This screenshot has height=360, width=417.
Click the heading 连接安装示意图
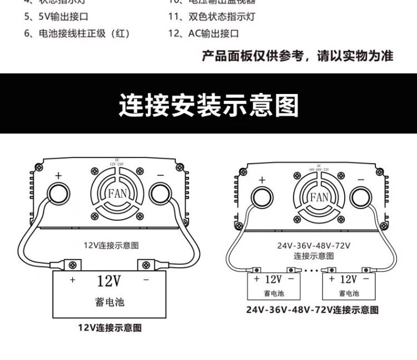tap(209, 105)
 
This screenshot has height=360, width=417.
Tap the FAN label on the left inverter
tap(117, 194)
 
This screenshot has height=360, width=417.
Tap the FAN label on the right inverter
tap(319, 197)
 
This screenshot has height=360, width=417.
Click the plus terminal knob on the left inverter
tap(58, 194)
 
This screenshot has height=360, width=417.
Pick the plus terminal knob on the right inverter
tap(262, 198)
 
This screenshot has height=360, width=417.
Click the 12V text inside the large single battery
tap(108, 280)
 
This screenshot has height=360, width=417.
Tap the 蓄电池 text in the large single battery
tap(109, 302)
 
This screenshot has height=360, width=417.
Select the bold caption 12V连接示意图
tap(110, 328)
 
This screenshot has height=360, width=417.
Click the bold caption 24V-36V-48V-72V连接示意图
tap(312, 310)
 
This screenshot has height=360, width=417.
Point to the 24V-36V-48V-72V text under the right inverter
tap(314, 245)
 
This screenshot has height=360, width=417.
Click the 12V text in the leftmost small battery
tap(273, 279)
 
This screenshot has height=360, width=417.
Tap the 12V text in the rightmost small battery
tap(348, 279)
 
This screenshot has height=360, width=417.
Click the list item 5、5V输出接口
tap(56, 16)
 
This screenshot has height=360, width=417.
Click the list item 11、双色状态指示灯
tap(211, 16)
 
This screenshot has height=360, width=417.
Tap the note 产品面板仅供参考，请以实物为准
tap(297, 56)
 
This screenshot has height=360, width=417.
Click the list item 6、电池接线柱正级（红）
tap(77, 33)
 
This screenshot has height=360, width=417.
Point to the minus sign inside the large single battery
tap(146, 280)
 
